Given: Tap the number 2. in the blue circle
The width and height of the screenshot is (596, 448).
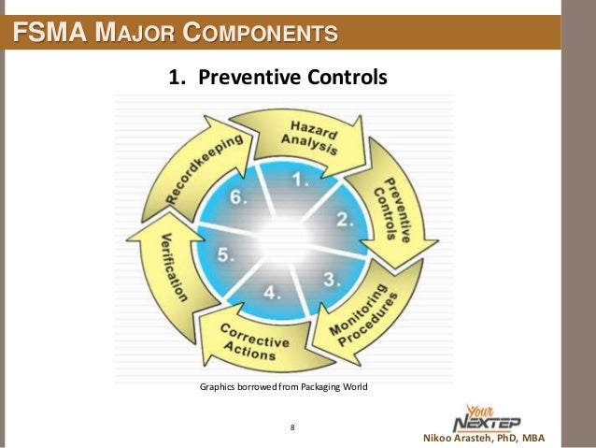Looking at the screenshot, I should click(x=345, y=222).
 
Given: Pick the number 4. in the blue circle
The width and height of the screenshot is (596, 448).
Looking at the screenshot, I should click(x=272, y=292).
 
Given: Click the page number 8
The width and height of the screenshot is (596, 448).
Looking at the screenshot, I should click(x=292, y=427).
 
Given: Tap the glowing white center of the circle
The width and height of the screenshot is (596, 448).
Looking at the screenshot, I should click(x=280, y=234).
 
